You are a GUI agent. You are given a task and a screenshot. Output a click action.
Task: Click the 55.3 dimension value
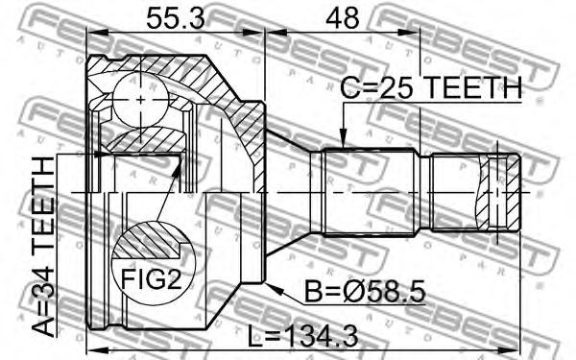[x=175, y=18]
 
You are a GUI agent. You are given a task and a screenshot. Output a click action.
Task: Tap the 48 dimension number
[x=343, y=18]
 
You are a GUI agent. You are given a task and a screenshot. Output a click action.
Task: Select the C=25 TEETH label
[x=431, y=87]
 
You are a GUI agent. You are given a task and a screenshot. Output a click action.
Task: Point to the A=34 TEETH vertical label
[x=42, y=247]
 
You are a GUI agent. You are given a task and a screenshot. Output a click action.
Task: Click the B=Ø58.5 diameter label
[x=365, y=291]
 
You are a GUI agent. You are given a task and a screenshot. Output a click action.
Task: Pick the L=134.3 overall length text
[x=302, y=337]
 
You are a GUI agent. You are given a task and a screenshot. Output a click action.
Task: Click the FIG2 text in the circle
[x=152, y=278]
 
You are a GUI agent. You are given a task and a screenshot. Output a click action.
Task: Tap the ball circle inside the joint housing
[x=141, y=100]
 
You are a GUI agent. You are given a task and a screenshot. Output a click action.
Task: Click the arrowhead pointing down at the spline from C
[x=343, y=139]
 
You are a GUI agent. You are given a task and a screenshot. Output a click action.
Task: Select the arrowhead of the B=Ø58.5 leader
[x=275, y=289]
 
